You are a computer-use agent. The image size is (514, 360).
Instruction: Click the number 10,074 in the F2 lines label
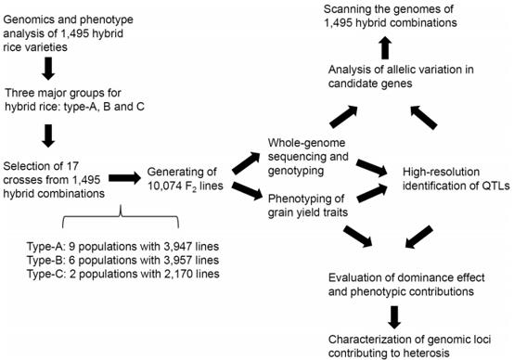164,186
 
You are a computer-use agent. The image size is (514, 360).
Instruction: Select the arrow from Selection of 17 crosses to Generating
124,178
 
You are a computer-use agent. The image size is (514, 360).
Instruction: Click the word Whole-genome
306,143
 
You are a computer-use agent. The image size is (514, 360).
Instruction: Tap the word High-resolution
441,172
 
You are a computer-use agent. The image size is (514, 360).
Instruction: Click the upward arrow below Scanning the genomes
386,48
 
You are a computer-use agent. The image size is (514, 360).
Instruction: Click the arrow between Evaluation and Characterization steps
394,317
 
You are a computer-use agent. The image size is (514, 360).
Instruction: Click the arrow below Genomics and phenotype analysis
48,69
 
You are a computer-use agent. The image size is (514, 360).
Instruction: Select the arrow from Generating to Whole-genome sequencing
246,163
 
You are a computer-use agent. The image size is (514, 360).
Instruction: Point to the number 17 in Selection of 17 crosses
72,166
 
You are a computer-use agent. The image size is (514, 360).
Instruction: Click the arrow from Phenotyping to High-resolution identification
372,193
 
